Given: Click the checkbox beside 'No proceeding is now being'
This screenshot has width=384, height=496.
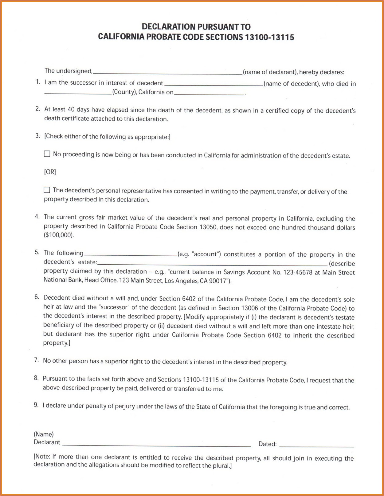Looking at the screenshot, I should tap(47, 154).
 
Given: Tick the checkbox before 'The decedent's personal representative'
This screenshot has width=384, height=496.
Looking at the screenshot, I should tap(47, 190).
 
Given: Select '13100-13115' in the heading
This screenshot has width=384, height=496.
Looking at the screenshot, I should tap(269, 38).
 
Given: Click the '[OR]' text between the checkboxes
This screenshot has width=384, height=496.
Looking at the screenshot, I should tap(50, 172).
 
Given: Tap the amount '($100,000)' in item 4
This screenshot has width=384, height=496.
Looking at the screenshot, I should tap(59, 235).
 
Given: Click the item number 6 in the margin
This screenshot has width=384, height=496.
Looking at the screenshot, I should tap(37, 297).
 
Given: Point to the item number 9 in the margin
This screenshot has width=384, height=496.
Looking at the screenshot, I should tap(36, 405).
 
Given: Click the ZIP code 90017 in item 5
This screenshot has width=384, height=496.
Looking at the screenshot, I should tap(217, 281).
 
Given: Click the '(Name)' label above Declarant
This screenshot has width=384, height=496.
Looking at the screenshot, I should tap(44, 434).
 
